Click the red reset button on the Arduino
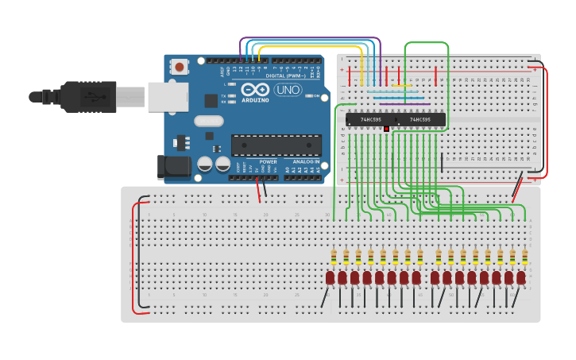[x=180, y=67]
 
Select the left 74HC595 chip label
[x=371, y=120]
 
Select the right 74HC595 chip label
[x=419, y=120]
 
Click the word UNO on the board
[x=287, y=90]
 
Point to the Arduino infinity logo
[x=256, y=89]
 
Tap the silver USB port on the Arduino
[x=168, y=96]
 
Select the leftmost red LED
[x=330, y=277]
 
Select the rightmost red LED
[x=521, y=277]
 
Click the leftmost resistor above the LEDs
[x=334, y=257]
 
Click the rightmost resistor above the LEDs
[x=525, y=257]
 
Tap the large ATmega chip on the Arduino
[x=276, y=145]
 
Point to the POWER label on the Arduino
[x=268, y=161]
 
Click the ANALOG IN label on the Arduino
[x=305, y=161]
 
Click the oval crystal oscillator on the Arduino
[x=208, y=121]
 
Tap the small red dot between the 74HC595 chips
[x=386, y=128]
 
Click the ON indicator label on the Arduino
[x=315, y=96]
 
